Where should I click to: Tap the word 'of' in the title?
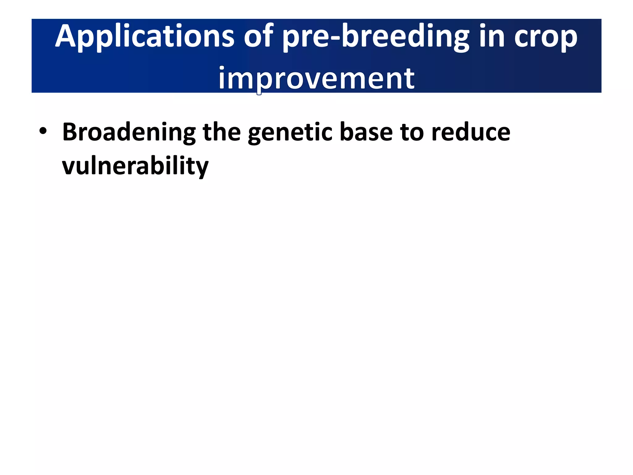click(x=258, y=36)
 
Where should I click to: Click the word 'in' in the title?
click(x=492, y=36)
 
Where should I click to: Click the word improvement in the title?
click(x=316, y=79)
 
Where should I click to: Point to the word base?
click(x=366, y=132)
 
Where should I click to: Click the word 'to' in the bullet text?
click(x=412, y=132)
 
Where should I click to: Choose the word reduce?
click(x=471, y=132)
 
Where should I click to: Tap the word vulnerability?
click(x=135, y=166)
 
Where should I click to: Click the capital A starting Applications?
click(x=65, y=36)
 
